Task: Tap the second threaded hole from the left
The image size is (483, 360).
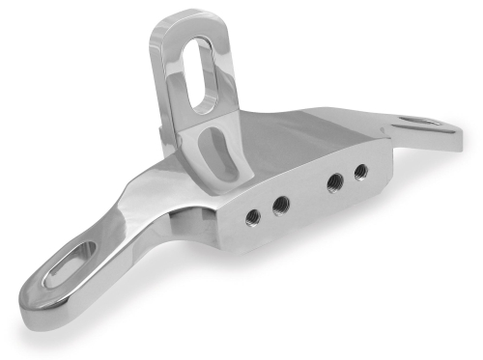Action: tap(281, 204)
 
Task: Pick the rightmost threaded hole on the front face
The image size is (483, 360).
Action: tap(360, 172)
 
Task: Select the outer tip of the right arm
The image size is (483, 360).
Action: tap(457, 130)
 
